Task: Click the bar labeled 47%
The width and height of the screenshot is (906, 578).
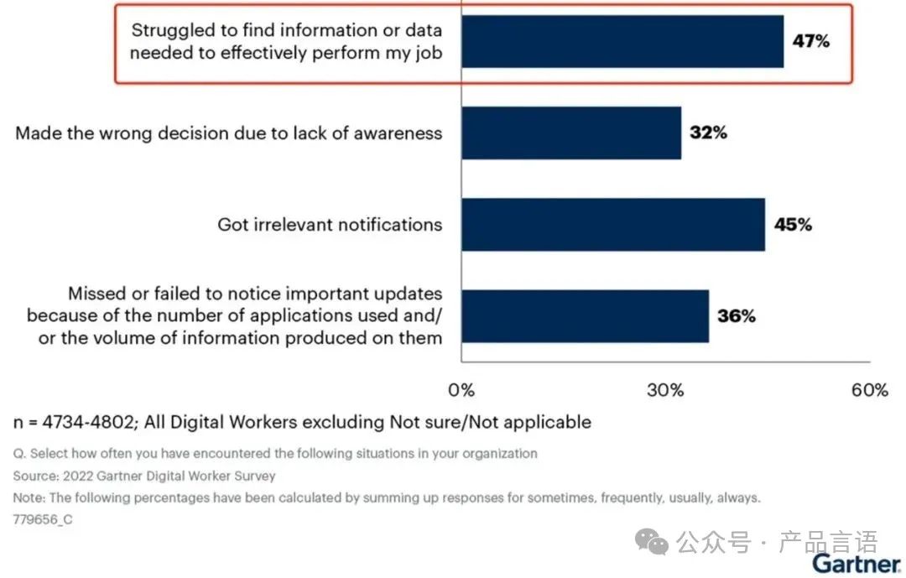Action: pos(622,41)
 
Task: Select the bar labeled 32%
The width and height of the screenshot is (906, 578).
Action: pos(571,133)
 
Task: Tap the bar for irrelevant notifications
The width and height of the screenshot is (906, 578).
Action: pos(613,225)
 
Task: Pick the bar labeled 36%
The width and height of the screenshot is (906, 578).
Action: pos(585,316)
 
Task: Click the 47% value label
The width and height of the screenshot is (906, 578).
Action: pos(811,41)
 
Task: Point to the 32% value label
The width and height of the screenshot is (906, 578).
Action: pos(709,133)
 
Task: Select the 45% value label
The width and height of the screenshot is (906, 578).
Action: pos(793,225)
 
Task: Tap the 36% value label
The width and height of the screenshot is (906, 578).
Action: pos(737,316)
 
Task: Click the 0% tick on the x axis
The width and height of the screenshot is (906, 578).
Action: pos(461,390)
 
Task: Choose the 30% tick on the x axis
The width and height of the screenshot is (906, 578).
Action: pos(666,390)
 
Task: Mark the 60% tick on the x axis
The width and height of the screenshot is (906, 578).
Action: pos(870,390)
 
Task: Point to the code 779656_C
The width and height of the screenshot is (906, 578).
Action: pos(43,519)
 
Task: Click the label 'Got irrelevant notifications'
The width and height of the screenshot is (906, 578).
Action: pos(330,225)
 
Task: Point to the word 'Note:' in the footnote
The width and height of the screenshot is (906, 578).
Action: pos(29,497)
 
